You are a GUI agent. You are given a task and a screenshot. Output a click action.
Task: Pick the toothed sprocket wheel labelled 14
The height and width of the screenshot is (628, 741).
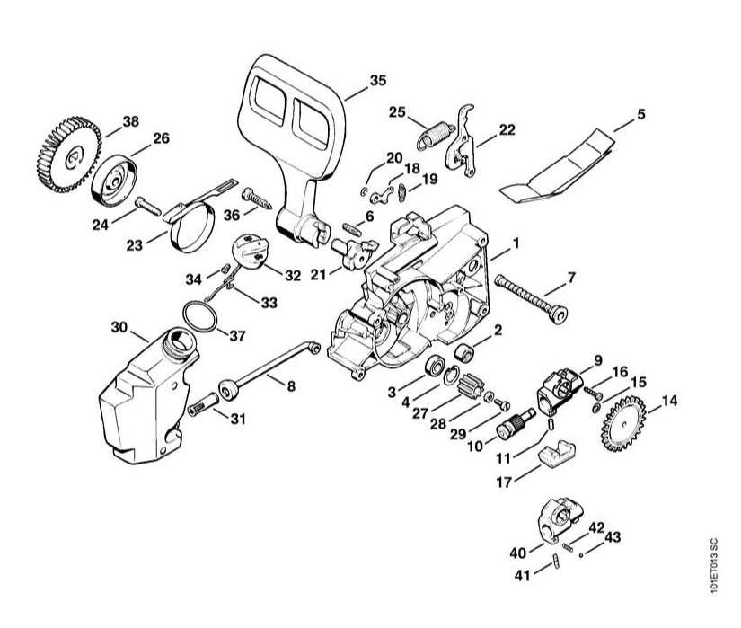pyautogui.click(x=625, y=421)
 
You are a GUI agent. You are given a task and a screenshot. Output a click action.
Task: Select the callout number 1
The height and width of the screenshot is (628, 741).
pyautogui.click(x=516, y=243)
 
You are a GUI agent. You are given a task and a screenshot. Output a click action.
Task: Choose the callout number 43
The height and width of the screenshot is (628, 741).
pyautogui.click(x=613, y=537)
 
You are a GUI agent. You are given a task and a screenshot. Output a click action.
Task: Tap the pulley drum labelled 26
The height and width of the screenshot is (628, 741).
pyautogui.click(x=116, y=178)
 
